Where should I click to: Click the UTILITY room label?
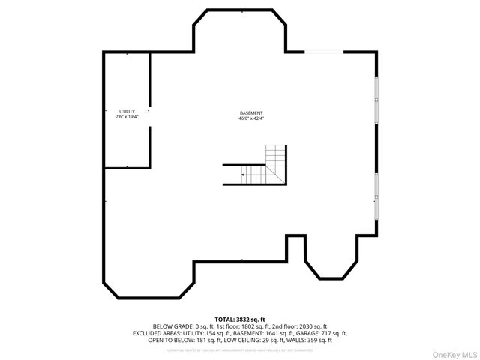pos(127,111)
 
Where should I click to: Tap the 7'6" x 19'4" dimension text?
pos(127,117)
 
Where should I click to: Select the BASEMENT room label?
pos(251,112)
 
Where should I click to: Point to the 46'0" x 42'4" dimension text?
pos(251,118)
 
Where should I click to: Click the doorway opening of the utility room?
pos(150,118)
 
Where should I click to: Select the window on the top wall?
pos(324,52)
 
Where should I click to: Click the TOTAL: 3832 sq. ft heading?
pos(240,319)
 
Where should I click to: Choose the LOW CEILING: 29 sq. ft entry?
pos(239,340)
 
